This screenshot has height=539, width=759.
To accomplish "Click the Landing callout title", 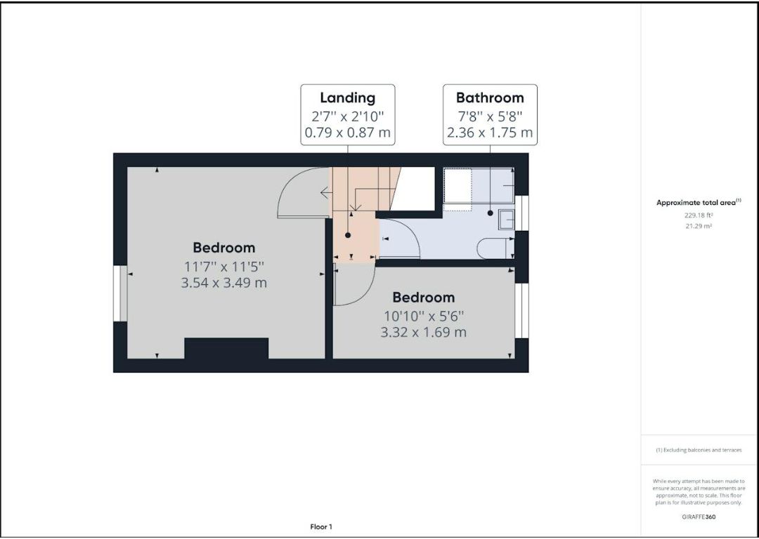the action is coord(348,98).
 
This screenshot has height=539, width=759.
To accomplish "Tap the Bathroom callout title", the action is coord(490,98).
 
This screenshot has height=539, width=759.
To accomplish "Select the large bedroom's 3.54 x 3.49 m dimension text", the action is coord(223,282).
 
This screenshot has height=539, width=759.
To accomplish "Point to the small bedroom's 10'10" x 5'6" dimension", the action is coord(424,316).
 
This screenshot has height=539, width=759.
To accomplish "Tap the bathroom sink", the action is coord(506,220).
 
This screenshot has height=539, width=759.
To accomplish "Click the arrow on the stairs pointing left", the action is coord(326,194).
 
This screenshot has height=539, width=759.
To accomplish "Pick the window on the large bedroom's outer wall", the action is coord(120,293).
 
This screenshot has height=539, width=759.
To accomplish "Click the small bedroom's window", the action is coord(521,310).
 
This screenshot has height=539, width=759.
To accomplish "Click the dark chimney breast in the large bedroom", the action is coord(226,348).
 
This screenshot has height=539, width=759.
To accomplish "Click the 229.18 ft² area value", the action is coord(699,215).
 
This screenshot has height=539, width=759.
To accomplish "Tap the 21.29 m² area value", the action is coord(699,226).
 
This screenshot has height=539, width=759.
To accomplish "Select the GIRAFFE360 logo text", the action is coord(699,517).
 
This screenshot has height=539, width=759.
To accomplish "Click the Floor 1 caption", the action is coord(321,527).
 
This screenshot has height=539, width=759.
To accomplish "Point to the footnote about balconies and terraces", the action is coord(699,450).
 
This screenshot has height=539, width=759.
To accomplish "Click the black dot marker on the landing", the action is coord(348,235).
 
